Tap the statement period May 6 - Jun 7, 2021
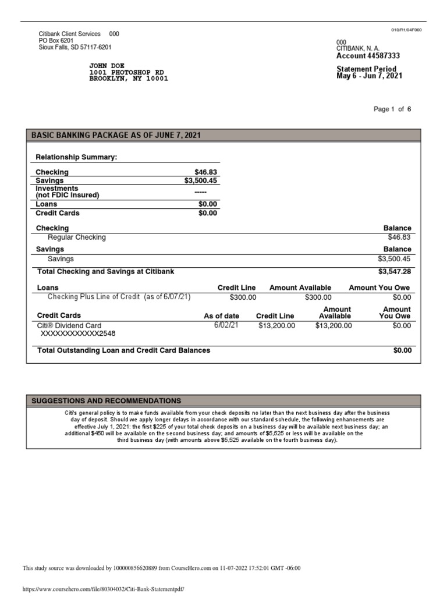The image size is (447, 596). coord(369,76)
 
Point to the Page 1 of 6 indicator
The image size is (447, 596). coord(393,109)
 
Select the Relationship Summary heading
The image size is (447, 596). coord(76,157)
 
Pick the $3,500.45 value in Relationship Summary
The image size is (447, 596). coord(201,180)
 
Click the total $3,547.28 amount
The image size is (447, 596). coord(395,272)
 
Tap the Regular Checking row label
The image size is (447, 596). coord(77,237)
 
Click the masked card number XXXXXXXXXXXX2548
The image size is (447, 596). coord(78,335)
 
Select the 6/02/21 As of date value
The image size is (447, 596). coord(226,325)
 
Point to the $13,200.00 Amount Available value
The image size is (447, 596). coord(334,326)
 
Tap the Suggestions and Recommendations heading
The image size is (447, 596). coord(106,401)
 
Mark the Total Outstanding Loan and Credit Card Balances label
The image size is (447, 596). coord(123,350)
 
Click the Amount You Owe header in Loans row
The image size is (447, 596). coord(379,288)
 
